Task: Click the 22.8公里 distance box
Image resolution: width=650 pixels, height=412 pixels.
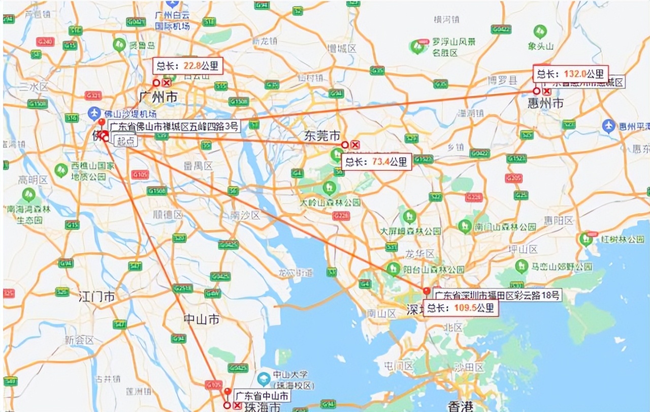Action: (x=188, y=66)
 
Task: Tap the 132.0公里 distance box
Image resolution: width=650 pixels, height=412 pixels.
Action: (x=570, y=74)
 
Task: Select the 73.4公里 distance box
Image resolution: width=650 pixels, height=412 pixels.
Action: (x=376, y=162)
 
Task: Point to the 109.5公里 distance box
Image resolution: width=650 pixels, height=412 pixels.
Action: (x=461, y=308)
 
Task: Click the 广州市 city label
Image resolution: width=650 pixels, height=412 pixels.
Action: (x=158, y=97)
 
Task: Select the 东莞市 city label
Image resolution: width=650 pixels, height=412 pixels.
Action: (x=322, y=136)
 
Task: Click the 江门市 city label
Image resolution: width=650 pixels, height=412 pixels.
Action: (x=96, y=297)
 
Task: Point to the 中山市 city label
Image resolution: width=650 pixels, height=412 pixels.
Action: (x=202, y=319)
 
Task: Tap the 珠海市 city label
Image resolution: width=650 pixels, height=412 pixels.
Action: (x=261, y=407)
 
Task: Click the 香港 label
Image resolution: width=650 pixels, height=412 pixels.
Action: (x=461, y=406)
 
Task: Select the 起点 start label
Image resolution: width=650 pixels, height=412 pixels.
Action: (x=125, y=142)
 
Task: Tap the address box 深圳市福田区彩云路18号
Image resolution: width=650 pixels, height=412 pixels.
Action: (x=497, y=295)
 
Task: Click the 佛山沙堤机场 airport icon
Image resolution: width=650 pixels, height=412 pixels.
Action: (x=93, y=112)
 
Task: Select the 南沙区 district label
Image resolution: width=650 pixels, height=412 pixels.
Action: (x=245, y=216)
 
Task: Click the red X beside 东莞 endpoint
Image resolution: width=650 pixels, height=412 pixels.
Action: (x=355, y=145)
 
